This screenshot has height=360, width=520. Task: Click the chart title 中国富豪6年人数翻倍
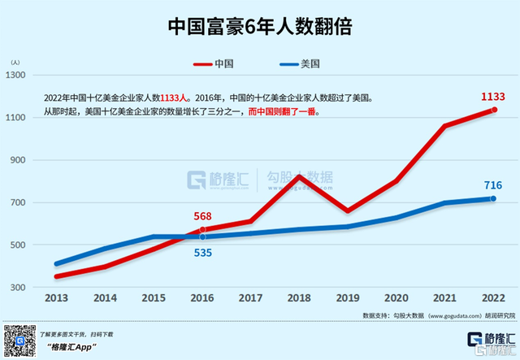[259, 27]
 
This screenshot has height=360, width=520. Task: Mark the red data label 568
[203, 216]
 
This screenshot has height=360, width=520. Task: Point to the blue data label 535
[202, 251]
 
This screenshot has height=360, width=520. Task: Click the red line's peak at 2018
[299, 176]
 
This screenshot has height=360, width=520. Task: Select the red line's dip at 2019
[348, 210]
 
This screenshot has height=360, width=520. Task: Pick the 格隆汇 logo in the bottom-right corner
[488, 339]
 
